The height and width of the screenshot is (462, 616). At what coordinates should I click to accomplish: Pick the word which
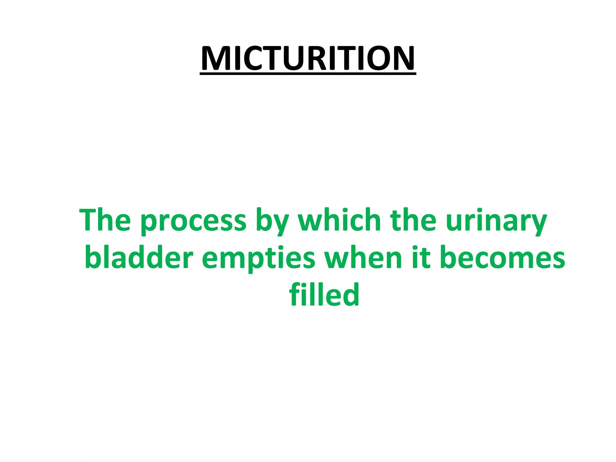click(x=340, y=220)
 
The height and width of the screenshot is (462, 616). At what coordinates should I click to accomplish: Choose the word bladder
click(x=139, y=258)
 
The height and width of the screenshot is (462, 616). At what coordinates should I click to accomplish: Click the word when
click(x=363, y=258)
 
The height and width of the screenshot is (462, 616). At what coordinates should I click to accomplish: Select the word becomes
click(x=502, y=258)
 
